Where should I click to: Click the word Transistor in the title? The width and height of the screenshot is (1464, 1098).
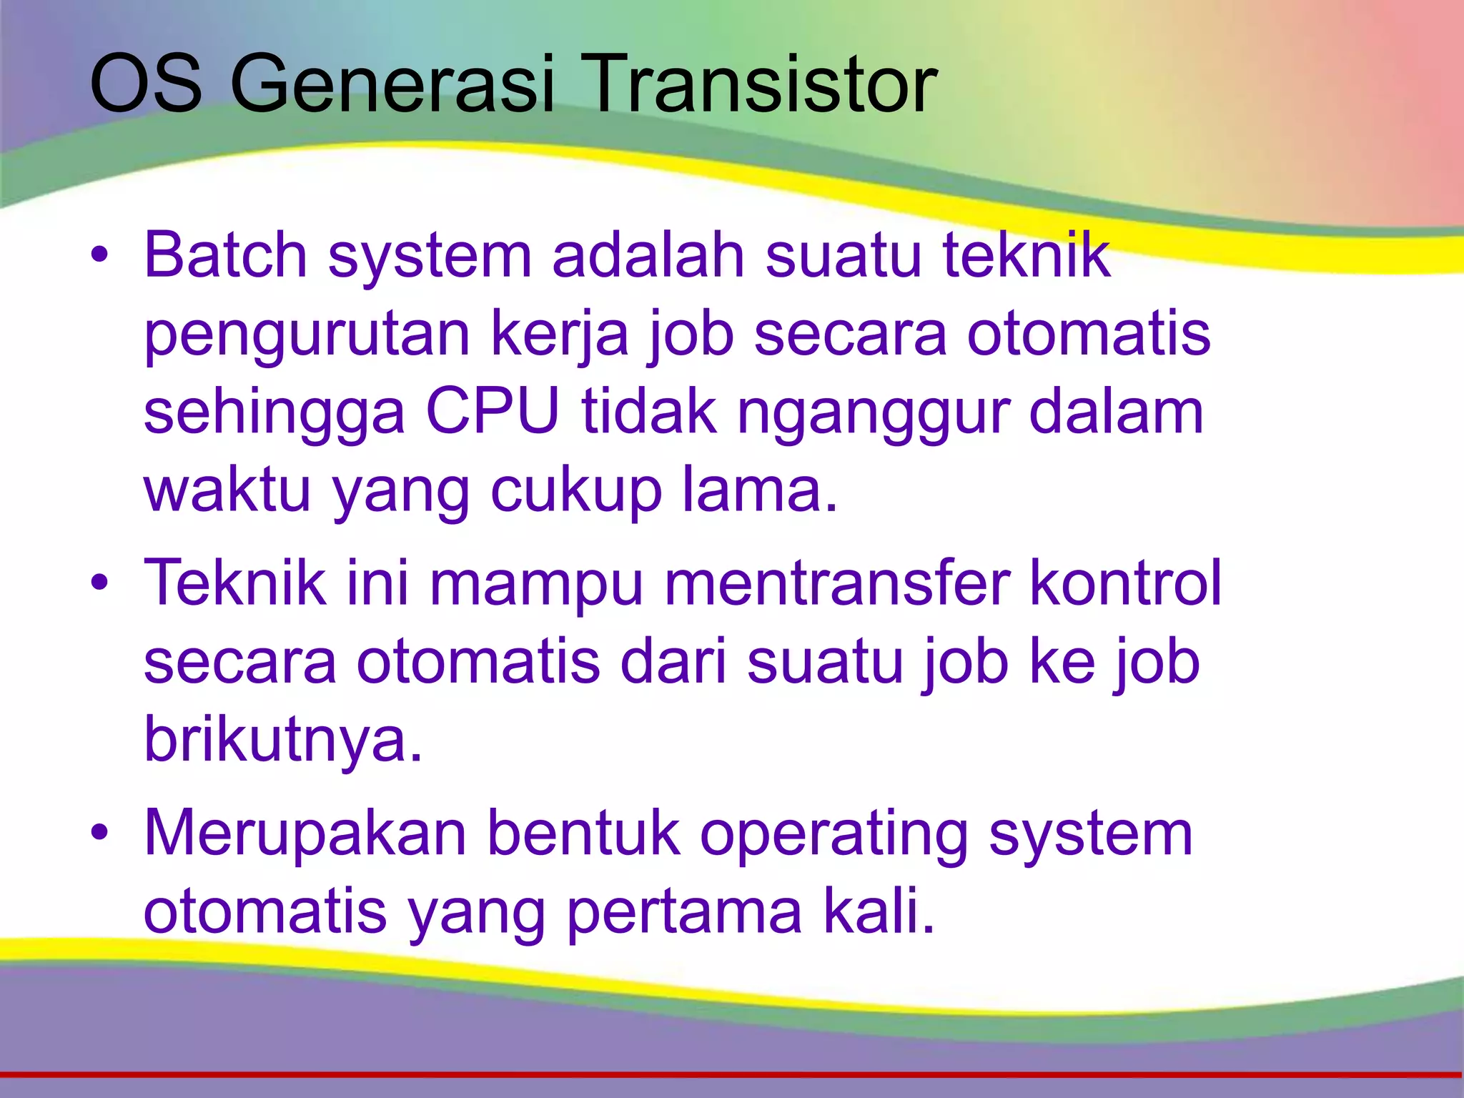pyautogui.click(x=759, y=84)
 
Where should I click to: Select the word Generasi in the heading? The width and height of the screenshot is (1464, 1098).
pyautogui.click(x=392, y=84)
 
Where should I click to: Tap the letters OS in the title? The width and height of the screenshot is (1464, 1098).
pyautogui.click(x=146, y=84)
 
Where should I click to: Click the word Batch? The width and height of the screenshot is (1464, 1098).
pyautogui.click(x=225, y=255)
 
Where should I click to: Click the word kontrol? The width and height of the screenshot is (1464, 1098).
pyautogui.click(x=1126, y=582)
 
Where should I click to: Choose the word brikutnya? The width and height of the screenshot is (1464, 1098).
pyautogui.click(x=283, y=739)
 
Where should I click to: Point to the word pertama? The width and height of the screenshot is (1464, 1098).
pyautogui.click(x=684, y=914)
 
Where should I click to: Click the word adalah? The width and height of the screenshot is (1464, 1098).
pyautogui.click(x=648, y=255)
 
